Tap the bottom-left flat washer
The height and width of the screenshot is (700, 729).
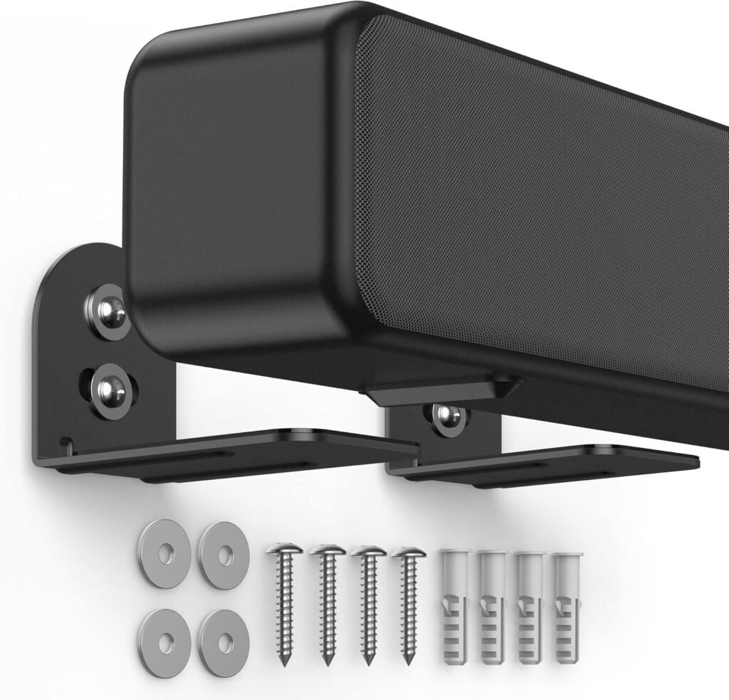click(166, 633)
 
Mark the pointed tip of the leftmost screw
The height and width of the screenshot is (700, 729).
click(283, 662)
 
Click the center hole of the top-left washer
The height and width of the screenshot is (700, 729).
click(165, 553)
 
